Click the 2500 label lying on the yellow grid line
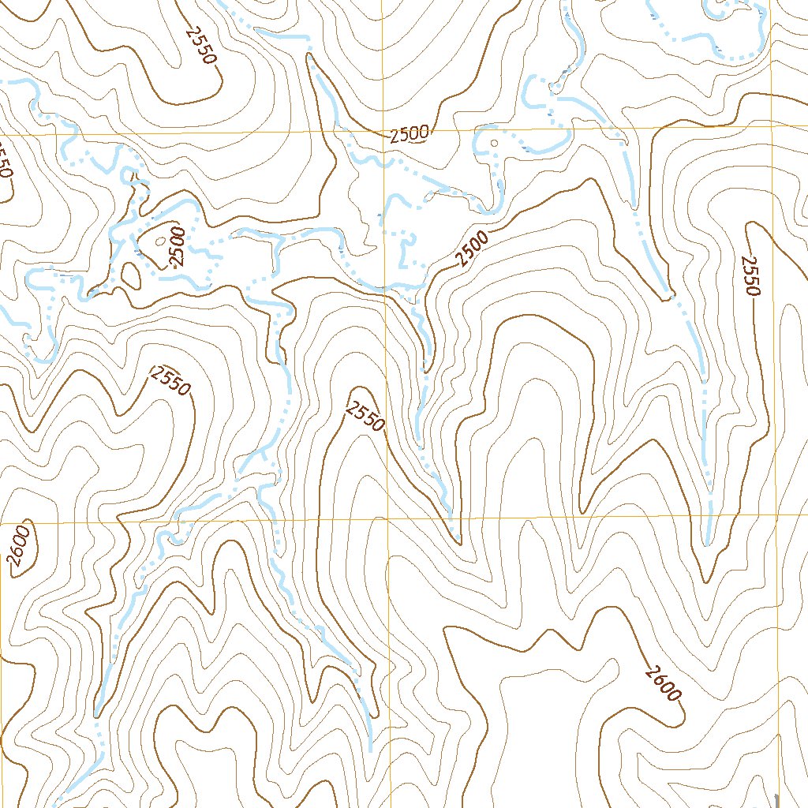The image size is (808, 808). tap(410, 134)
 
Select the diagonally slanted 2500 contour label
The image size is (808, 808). tap(473, 248)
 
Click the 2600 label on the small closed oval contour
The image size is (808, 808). tap(20, 547)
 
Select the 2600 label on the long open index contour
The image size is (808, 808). tap(662, 683)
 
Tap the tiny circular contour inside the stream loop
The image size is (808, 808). tap(494, 144)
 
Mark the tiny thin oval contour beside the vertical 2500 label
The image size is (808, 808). tap(162, 241)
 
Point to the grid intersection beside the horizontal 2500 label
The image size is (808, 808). tap(381, 132)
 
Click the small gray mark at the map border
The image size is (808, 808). tap(777, 799)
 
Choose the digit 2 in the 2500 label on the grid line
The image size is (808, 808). tap(395, 136)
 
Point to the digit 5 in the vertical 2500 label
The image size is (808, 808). tap(177, 252)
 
